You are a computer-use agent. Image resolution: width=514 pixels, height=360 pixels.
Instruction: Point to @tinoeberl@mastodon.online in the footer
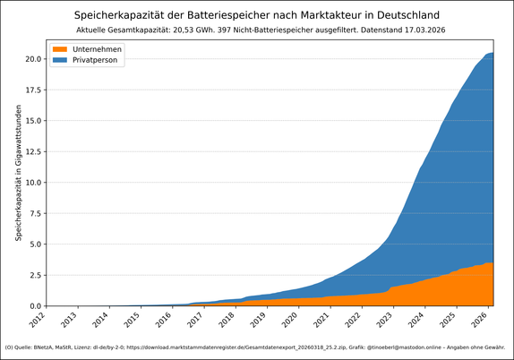coord(403,347)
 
